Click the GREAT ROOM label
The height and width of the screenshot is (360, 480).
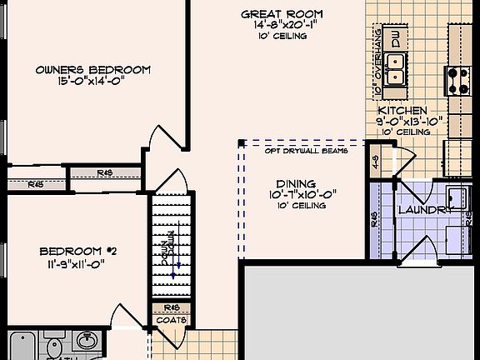[282, 14]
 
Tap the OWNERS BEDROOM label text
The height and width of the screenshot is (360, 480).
[81, 70]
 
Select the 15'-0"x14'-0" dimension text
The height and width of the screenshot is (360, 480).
[81, 82]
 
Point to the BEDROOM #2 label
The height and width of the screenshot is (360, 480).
[75, 252]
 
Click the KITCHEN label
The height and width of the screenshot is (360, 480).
[403, 110]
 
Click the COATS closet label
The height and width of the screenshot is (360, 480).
[172, 320]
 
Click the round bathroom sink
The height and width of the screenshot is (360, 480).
[87, 340]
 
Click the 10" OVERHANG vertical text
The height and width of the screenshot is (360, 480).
[377, 63]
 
